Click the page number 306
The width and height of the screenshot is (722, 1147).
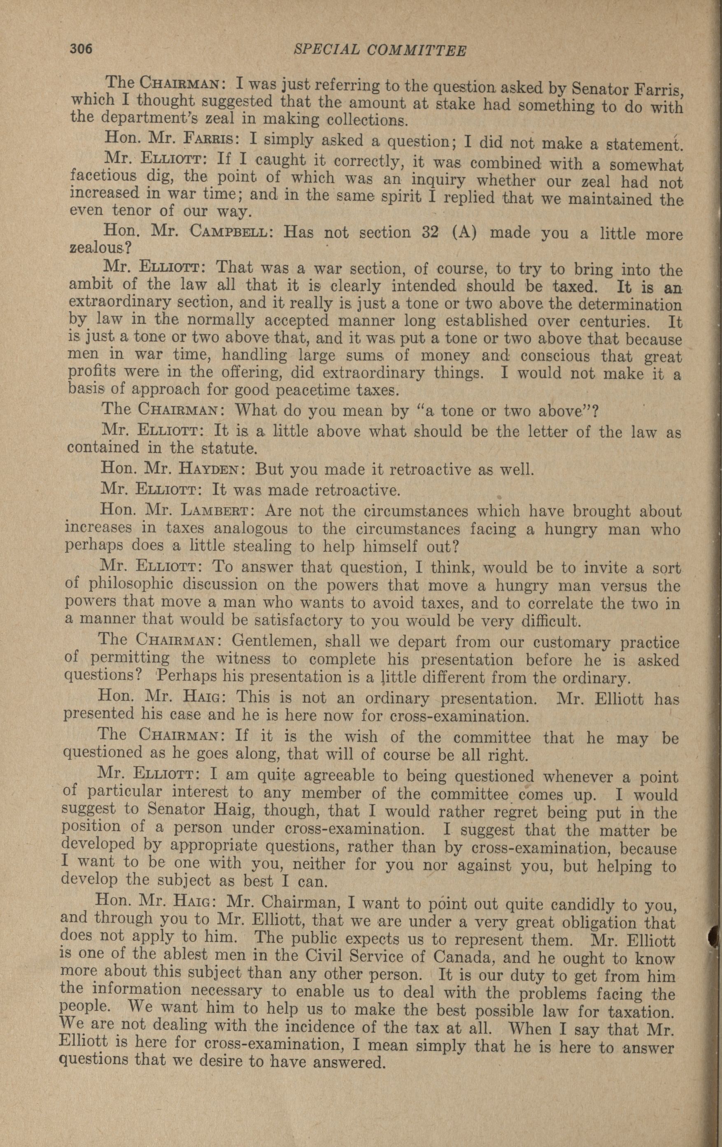point(80,49)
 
